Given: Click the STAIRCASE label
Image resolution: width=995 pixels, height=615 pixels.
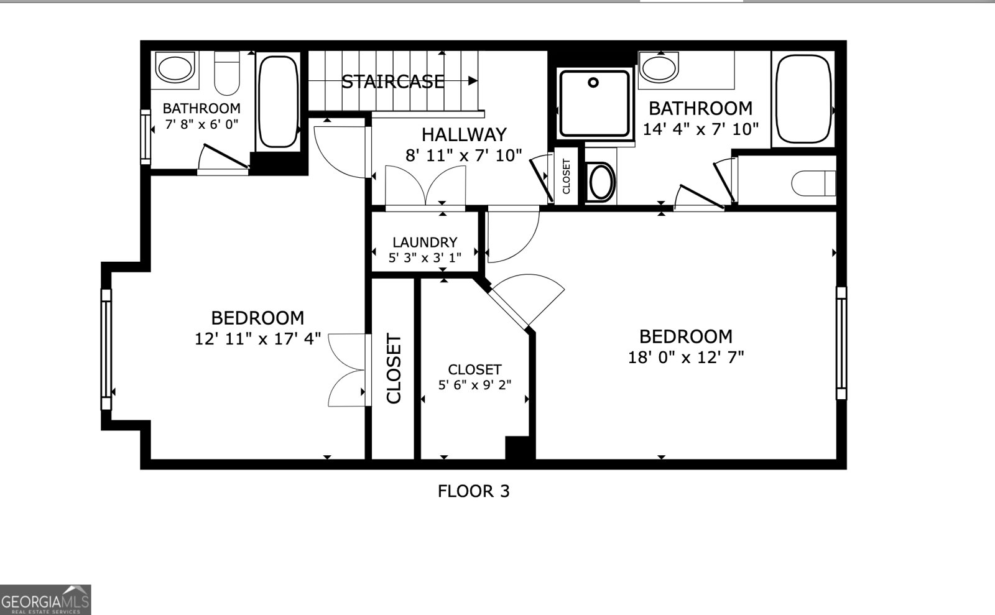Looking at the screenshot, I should [393, 81].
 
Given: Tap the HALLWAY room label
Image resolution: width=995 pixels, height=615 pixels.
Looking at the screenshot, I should [464, 134].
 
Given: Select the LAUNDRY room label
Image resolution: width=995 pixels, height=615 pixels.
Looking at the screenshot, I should [425, 243].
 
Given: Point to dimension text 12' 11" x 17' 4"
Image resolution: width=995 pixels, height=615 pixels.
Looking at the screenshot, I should [257, 339].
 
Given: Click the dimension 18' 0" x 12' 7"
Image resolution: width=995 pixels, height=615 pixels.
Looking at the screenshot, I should [686, 358].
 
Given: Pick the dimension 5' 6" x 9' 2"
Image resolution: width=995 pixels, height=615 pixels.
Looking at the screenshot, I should [474, 385].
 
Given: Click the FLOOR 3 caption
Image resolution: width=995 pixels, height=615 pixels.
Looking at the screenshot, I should [473, 491].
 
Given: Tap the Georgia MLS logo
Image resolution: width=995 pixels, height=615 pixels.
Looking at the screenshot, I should [45, 600].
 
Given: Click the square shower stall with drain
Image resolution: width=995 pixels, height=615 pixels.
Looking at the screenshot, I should [594, 103].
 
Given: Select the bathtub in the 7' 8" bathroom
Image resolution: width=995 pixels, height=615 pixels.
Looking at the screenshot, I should [278, 101].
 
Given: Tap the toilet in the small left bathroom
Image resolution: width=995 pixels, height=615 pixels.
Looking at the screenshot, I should [227, 73].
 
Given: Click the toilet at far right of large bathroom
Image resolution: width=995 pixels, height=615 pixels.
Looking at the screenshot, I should [812, 183].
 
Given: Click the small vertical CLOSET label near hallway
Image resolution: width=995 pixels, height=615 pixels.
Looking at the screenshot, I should [567, 177].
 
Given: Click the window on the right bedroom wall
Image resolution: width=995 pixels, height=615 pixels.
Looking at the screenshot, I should [841, 343].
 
